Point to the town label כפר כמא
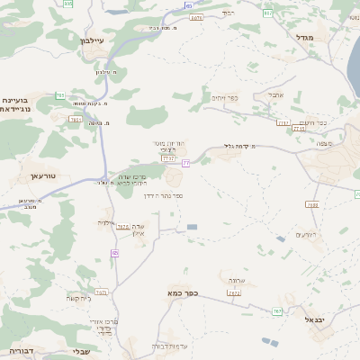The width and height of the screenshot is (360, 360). coord(181,293)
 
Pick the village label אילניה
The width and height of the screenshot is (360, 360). coord(105,222)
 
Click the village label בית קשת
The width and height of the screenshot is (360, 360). coord(78,298)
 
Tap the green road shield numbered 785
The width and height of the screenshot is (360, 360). coord(60,94)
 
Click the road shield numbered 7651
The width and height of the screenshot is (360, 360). coord(76,119)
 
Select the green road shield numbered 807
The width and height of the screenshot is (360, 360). coord(267,13)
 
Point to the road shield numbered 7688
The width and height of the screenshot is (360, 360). coord(312,205)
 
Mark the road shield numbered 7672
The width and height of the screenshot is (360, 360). coord(234,293)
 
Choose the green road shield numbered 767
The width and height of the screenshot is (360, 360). coord(277,311)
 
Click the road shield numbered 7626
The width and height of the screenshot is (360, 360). coord(122,227)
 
